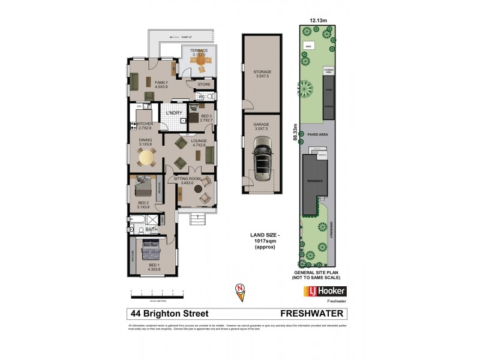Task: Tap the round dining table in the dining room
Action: tap(146, 158)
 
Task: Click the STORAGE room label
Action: tap(262, 71)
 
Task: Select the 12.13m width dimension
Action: tap(318, 20)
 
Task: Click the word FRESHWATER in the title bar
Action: tap(313, 314)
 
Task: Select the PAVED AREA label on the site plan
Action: tap(317, 135)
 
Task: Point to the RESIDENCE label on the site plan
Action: tap(316, 180)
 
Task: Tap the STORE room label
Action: tap(204, 85)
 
